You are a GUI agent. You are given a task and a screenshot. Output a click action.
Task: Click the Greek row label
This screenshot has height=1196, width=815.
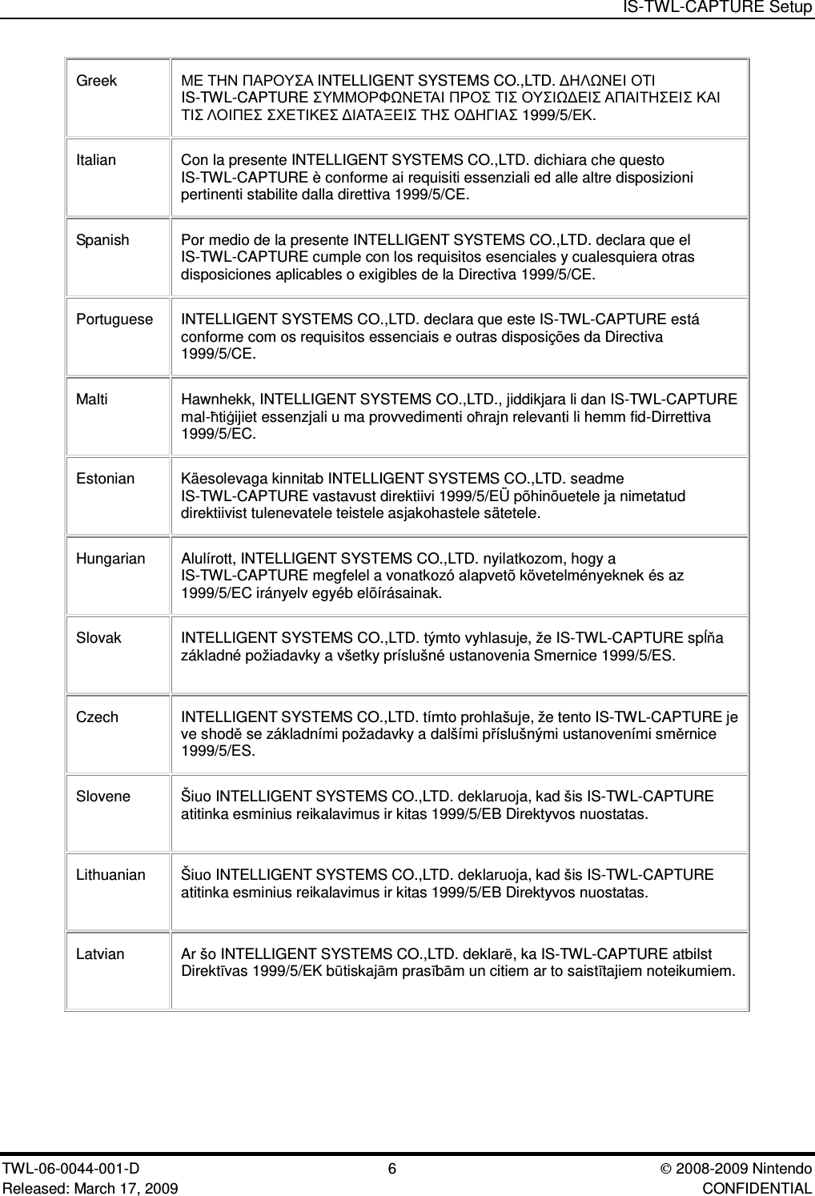pos(96,81)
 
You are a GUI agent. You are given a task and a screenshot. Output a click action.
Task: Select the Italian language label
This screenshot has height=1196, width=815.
pos(96,160)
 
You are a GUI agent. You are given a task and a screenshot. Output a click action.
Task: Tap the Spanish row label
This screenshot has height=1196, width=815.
pos(102,240)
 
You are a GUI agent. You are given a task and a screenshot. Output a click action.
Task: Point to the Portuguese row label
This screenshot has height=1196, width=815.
pos(114,319)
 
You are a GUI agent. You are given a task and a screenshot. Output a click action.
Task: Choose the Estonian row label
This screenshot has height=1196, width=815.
pos(106,479)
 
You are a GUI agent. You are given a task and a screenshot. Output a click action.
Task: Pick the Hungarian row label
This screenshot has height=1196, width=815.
pos(110,558)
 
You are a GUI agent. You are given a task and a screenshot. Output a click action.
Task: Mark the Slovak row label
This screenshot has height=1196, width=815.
pos(98,638)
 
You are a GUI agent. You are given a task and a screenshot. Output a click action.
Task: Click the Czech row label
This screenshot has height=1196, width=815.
pos(97,717)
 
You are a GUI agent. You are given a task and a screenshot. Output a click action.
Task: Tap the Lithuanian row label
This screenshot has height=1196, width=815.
pos(110,875)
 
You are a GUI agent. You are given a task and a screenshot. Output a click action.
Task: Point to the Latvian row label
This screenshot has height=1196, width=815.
pos(100,954)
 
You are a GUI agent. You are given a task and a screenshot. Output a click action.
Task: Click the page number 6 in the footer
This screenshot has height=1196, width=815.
pos(391,1169)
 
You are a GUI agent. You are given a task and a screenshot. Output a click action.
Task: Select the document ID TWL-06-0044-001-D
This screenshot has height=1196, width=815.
pos(72,1169)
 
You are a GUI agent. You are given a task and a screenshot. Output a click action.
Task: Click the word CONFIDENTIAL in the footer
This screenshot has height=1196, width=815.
pos(757,1186)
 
